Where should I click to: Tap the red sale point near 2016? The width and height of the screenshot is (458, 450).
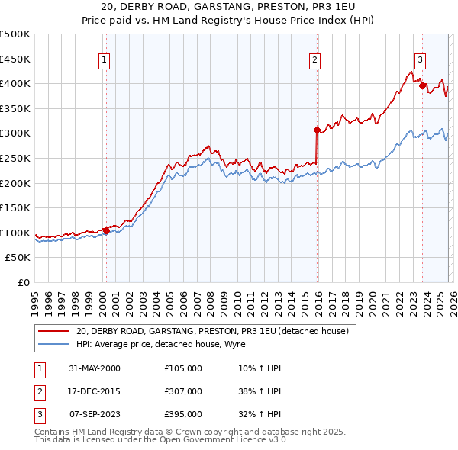tap(317, 130)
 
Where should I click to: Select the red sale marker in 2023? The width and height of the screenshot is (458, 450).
tap(422, 85)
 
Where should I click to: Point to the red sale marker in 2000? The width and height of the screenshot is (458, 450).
tap(106, 231)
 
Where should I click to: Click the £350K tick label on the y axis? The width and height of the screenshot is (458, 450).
tap(15, 108)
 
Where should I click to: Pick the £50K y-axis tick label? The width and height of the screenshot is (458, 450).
tap(18, 258)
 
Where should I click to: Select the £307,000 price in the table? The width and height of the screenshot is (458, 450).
tap(183, 391)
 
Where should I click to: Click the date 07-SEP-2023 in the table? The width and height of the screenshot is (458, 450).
tap(94, 414)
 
